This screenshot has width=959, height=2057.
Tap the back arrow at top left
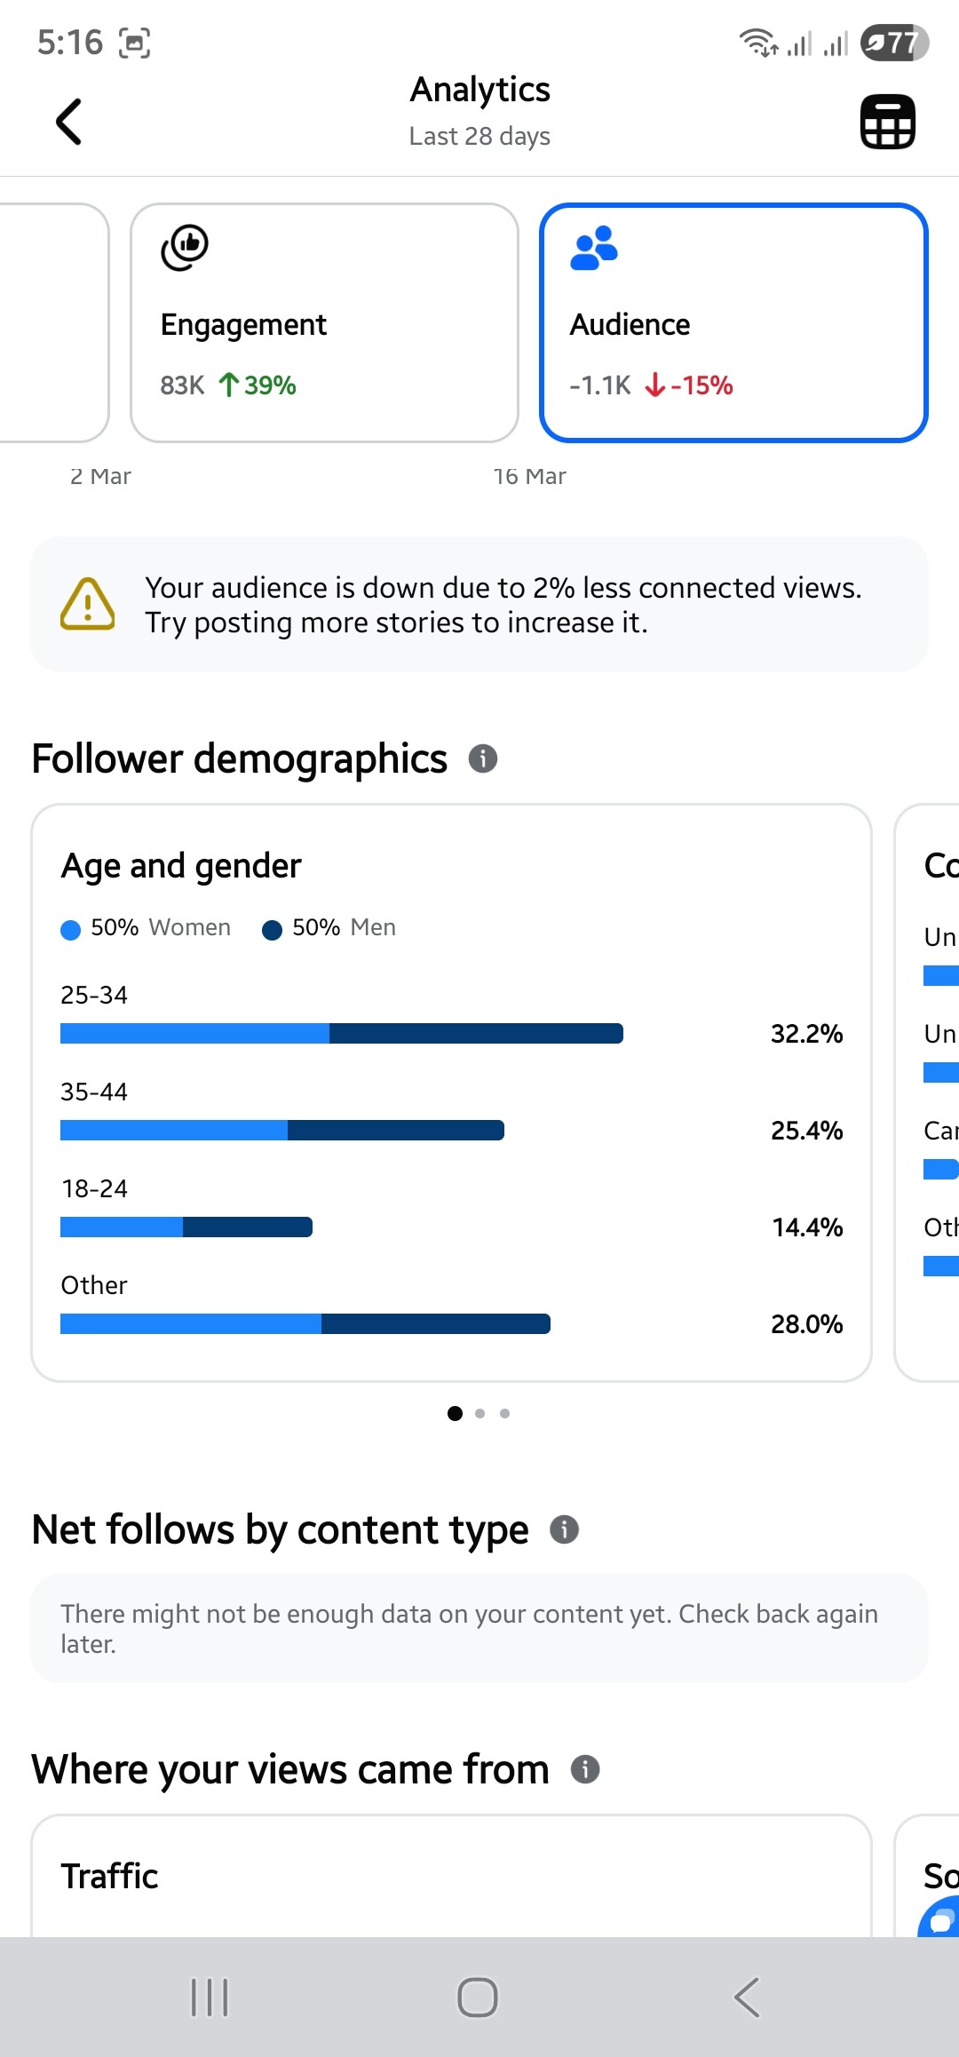point(68,122)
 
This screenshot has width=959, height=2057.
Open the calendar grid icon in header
point(887,122)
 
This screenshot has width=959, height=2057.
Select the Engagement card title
point(243,325)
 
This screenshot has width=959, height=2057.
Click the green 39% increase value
point(269,385)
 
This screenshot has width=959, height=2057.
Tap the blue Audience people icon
point(593,248)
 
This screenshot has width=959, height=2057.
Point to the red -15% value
point(701,385)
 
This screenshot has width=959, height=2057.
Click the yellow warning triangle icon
point(87,605)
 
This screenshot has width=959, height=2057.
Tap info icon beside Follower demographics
point(482,758)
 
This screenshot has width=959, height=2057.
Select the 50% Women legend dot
point(70,929)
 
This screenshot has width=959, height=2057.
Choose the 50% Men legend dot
point(272,929)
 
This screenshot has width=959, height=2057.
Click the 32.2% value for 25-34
point(806,1034)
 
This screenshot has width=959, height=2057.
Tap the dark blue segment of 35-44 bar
point(395,1131)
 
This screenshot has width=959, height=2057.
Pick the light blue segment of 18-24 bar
point(122,1227)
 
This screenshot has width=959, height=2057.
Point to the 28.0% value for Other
point(806,1324)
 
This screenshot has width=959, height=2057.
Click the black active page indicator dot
point(455,1413)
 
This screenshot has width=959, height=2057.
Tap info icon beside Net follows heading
point(564,1529)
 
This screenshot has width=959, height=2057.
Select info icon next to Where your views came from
point(584,1769)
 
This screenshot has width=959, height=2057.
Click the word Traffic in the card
point(109,1877)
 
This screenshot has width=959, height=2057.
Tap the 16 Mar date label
point(529,477)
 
